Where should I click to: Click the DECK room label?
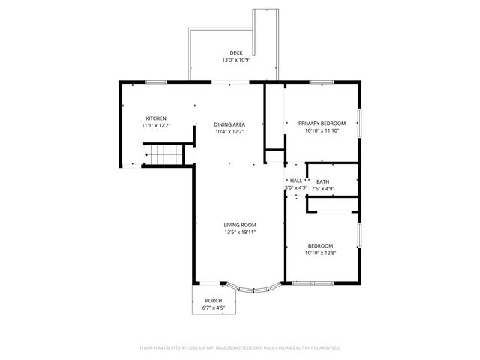coord(235,52)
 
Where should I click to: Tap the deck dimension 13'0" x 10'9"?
coord(235,60)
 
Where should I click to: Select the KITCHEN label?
coord(156,118)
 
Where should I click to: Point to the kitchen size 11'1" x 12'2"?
coord(156,125)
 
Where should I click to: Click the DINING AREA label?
coord(229,124)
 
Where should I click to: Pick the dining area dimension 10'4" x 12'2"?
coord(229,131)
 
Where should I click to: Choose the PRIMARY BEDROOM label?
coord(322,124)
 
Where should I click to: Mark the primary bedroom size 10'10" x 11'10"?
coord(322,130)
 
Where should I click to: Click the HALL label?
coord(296,181)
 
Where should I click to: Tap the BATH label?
coord(322,181)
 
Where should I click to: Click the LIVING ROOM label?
coord(240,225)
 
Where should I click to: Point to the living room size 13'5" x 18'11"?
coord(240,232)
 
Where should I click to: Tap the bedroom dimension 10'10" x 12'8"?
coord(320,253)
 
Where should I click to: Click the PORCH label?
coord(214,301)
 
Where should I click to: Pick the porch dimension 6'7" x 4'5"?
coord(214,307)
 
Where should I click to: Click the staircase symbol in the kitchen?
coord(163,157)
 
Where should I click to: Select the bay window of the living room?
coord(253,288)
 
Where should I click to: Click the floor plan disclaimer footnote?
coord(240,347)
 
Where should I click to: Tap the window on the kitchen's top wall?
coord(155,82)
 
